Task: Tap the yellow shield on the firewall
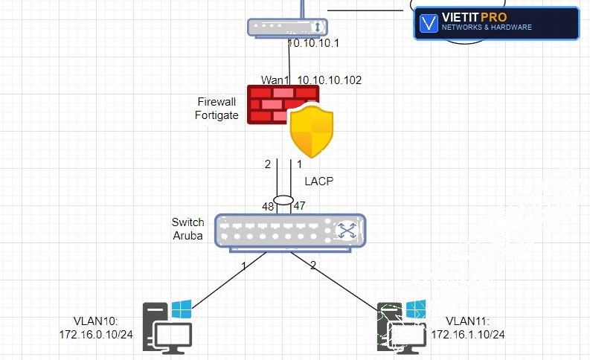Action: [x=312, y=131]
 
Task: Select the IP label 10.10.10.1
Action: [x=313, y=43]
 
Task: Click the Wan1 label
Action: [x=275, y=80]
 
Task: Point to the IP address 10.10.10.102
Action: [x=330, y=80]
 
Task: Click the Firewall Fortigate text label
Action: [x=217, y=109]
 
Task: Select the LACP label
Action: [x=319, y=181]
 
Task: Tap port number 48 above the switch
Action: [x=268, y=207]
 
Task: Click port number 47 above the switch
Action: [x=300, y=206]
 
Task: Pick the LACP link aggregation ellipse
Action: [x=283, y=195]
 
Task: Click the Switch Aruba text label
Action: [x=187, y=228]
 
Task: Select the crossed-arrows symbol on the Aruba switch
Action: [x=347, y=231]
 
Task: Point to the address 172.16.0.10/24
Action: [x=96, y=335]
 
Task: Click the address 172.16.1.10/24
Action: [x=468, y=335]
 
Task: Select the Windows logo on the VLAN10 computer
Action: [x=182, y=309]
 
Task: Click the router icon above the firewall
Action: [x=287, y=28]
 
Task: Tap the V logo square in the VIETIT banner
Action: [x=429, y=23]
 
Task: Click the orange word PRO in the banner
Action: [x=494, y=17]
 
